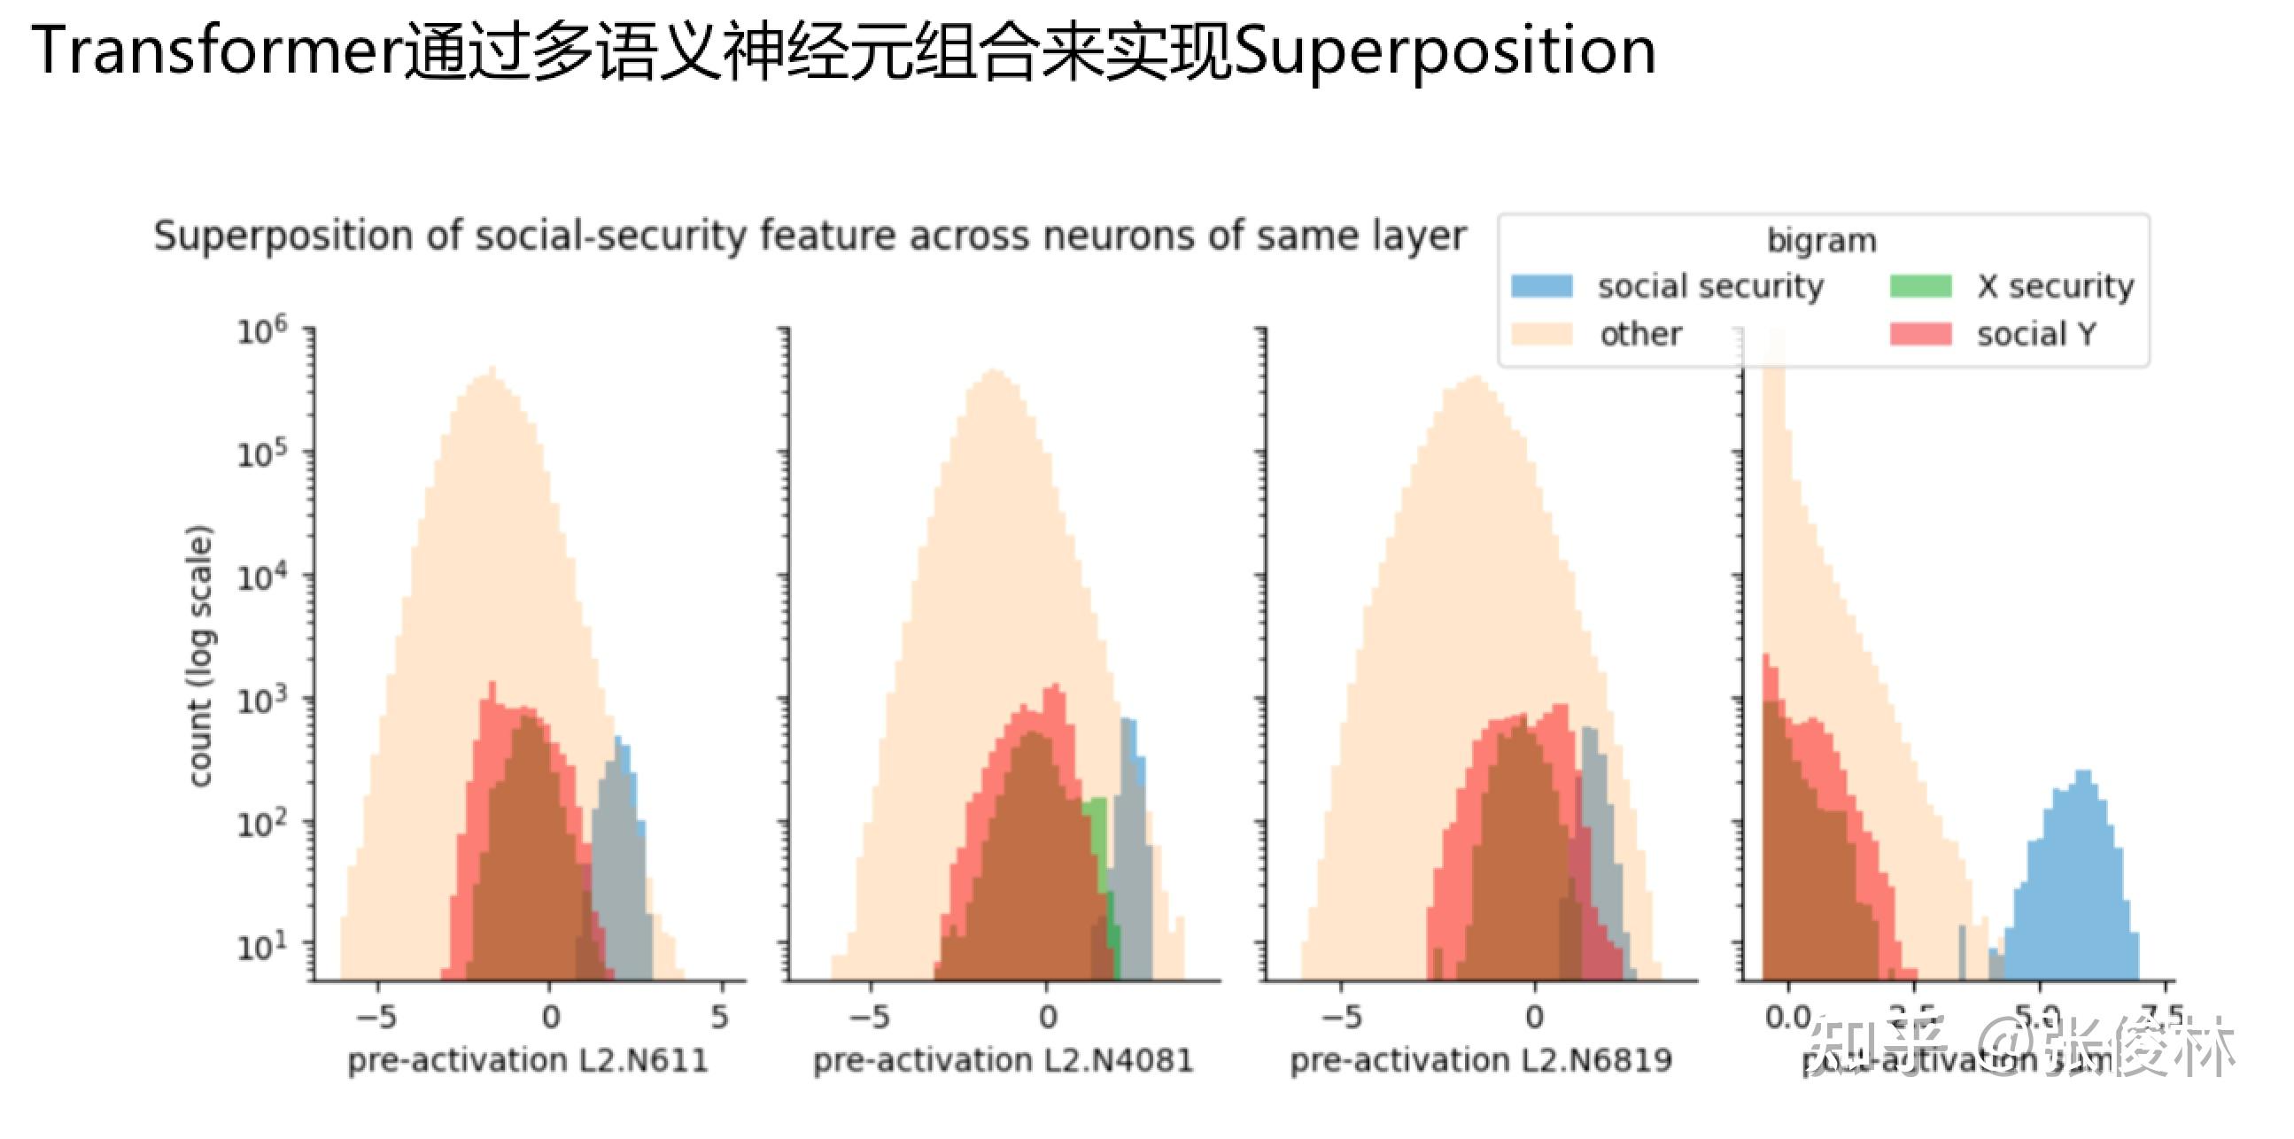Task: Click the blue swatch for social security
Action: (1541, 286)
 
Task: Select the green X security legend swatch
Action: (1921, 286)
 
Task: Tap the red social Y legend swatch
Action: (1921, 334)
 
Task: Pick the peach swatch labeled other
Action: (1541, 334)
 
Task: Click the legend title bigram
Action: (1821, 240)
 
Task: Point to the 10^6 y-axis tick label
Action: (261, 330)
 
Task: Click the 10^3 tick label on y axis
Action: (261, 701)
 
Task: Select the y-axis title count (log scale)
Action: (200, 655)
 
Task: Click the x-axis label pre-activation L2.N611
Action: (527, 1060)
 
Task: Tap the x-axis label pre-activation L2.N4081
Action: (1003, 1060)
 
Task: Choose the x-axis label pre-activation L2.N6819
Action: (1481, 1060)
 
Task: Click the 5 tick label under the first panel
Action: (719, 1016)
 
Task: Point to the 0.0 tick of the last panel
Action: (1787, 1016)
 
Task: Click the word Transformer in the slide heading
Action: (217, 51)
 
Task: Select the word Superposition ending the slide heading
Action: (1445, 51)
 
